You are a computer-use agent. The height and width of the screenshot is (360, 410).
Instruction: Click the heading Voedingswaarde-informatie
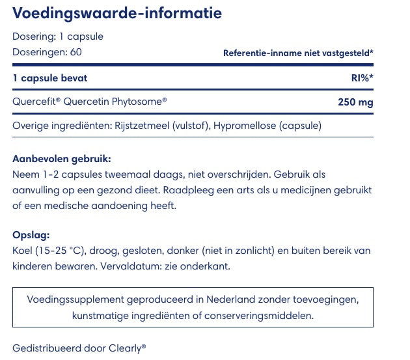[x=117, y=13]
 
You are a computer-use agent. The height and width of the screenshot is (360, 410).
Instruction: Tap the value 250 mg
[x=355, y=102]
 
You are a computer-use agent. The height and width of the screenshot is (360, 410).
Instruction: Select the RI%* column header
[x=362, y=78]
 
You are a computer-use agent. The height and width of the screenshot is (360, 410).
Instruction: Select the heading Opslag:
[x=31, y=235]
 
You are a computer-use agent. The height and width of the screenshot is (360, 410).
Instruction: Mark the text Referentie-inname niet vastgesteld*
[x=298, y=53]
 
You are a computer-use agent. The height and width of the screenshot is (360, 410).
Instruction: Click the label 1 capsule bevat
[x=50, y=78]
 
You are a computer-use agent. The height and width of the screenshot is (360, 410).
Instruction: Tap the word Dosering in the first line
[x=33, y=36]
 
